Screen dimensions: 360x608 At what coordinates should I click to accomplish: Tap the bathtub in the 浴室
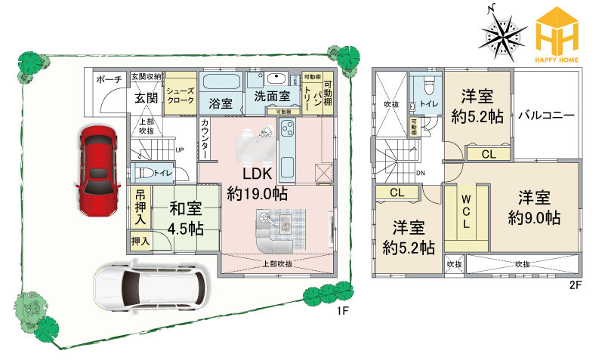click(221, 82)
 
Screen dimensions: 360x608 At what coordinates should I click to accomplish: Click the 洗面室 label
click(271, 97)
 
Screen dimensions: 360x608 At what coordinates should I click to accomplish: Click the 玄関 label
click(145, 97)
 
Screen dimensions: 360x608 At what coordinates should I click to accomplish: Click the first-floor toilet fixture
click(142, 172)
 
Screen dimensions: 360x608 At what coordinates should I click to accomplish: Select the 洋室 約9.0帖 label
click(533, 208)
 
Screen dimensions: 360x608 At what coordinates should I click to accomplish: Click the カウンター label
click(205, 140)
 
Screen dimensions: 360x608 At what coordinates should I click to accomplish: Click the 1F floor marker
click(341, 309)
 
